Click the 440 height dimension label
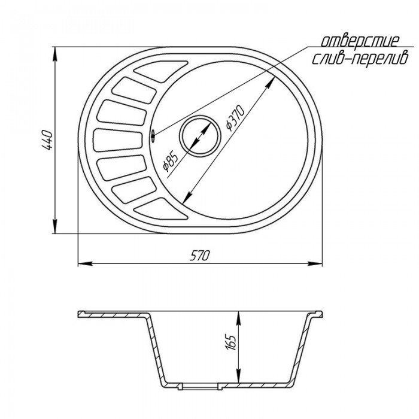pos(47,139)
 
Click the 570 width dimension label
pos(200,256)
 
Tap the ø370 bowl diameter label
pos(235,118)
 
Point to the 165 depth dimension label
pos(231,342)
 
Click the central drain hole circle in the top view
pos(201,135)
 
